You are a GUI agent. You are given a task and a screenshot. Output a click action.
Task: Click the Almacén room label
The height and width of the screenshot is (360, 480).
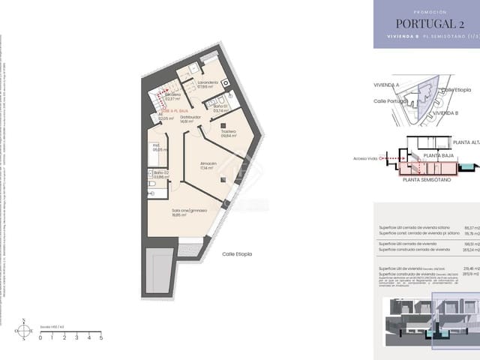pos(208,166)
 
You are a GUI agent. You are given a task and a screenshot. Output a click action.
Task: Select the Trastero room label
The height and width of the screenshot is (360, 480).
pos(229,133)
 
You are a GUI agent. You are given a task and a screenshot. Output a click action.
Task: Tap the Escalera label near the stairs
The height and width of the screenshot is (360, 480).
pos(173,96)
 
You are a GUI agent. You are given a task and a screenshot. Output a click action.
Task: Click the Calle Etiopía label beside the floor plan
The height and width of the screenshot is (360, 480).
pos(237,254)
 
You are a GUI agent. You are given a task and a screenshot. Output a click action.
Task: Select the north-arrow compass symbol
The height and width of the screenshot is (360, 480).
pos(25,330)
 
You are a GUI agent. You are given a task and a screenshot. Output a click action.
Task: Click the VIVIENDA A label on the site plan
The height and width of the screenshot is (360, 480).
pos(387,85)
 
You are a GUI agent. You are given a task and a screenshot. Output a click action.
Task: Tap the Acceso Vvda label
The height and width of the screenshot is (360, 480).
pos(365,159)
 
